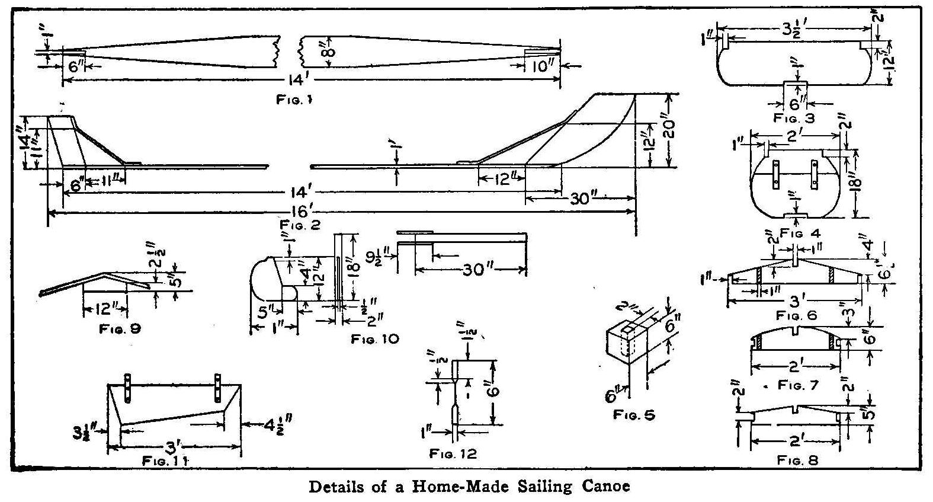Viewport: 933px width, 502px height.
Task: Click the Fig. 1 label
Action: coord(294,100)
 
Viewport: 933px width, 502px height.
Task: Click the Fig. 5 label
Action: coord(634,415)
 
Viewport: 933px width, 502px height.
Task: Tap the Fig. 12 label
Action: coord(453,454)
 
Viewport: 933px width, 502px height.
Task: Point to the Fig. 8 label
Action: coord(798,459)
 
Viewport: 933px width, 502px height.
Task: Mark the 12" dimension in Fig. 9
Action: coord(104,309)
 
